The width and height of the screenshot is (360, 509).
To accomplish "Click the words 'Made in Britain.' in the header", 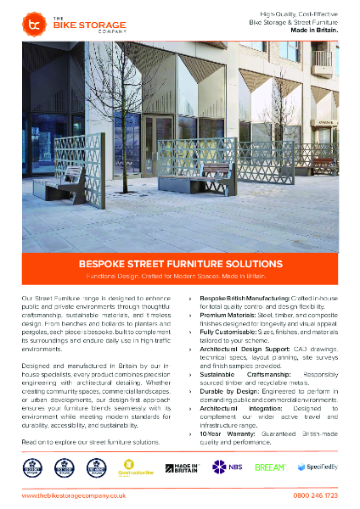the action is (x=317, y=31).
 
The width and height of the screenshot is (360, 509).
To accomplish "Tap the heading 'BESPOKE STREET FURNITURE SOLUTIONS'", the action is (x=180, y=264).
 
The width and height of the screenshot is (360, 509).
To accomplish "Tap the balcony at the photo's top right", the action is (x=322, y=61).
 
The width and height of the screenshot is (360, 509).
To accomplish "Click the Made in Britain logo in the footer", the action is (x=182, y=467).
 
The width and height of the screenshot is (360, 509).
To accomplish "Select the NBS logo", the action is (x=223, y=467).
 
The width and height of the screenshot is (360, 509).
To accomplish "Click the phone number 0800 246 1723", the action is (x=315, y=495).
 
